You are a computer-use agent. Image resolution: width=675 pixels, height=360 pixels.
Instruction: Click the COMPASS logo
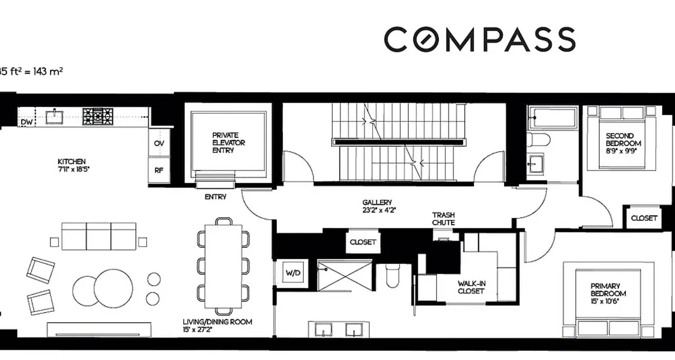coord(480,39)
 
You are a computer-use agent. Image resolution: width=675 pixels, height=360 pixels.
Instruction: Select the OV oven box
coord(159,143)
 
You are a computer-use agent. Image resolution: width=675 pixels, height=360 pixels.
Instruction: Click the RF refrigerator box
coord(159,170)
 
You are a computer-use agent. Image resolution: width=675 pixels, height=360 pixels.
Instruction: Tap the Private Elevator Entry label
coord(229,143)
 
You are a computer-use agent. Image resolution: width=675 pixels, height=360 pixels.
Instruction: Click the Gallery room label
coord(377,206)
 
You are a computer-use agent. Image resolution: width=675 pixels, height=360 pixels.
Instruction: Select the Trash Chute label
coord(443,219)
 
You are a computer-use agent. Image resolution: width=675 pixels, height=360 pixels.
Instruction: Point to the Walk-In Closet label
coord(472,287)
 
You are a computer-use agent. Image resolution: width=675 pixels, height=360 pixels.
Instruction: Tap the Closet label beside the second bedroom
coord(644,218)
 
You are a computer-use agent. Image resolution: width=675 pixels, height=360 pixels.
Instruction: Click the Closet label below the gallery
coord(363,242)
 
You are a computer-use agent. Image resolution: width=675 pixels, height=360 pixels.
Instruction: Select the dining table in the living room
coord(223,266)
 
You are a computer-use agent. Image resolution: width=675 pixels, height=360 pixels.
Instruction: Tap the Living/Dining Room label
coord(217,325)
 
